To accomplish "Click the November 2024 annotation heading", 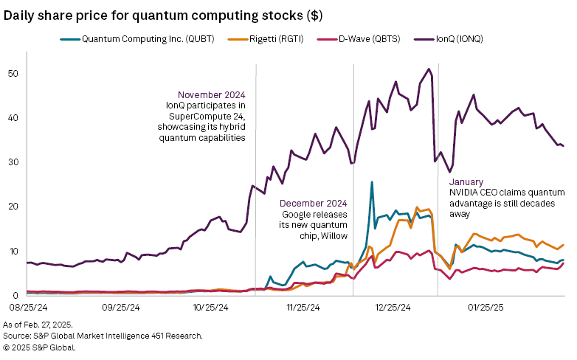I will [212, 94].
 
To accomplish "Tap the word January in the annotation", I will [466, 181].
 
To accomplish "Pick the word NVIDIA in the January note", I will [464, 193].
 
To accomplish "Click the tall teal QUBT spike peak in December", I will [372, 181].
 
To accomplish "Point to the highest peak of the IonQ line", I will [429, 69].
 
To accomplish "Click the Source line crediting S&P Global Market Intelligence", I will [103, 336].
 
